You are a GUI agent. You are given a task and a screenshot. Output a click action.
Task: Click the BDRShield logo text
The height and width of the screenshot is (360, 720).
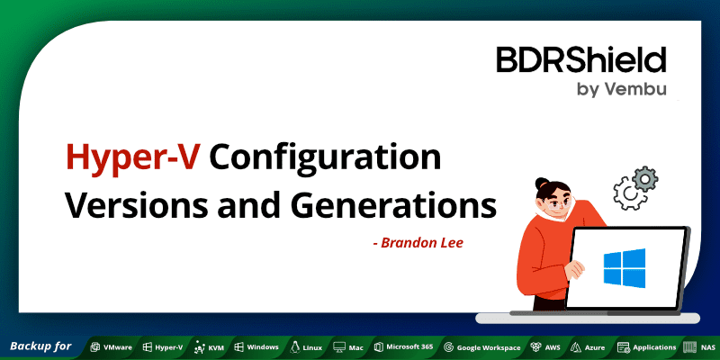(580, 60)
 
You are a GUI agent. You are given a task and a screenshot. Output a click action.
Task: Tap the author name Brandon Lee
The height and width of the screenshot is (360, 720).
(418, 242)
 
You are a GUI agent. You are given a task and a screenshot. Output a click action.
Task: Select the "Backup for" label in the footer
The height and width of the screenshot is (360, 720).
(40, 346)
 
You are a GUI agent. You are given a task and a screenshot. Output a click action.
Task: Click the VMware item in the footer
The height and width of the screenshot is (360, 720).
(111, 346)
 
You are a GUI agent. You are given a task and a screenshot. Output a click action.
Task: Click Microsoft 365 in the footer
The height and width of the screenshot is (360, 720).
(404, 346)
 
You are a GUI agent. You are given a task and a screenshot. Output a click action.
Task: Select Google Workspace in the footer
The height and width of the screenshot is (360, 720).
(482, 346)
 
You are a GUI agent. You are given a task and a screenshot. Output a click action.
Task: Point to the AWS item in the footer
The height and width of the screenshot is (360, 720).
(546, 346)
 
